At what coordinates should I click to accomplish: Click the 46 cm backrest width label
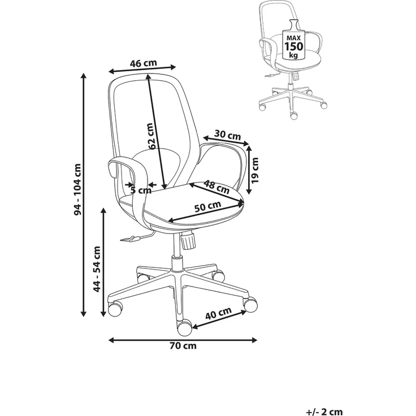143,63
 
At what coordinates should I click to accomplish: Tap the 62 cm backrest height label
150,136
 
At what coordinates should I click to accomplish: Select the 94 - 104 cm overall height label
78,189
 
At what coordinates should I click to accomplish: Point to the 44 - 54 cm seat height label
97,269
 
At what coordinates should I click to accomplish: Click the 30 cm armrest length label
227,135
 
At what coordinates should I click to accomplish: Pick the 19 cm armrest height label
255,170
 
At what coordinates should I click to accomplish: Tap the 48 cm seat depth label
216,187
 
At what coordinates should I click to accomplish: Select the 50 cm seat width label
208,206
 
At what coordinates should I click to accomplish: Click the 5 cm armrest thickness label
141,190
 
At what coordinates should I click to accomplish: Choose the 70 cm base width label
183,346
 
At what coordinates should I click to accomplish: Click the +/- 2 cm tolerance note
324,412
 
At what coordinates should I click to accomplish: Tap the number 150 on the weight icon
294,46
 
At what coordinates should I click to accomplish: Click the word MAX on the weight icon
294,38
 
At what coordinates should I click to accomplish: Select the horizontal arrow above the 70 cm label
183,340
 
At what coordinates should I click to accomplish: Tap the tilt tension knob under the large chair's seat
188,240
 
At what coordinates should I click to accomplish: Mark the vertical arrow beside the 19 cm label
249,170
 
